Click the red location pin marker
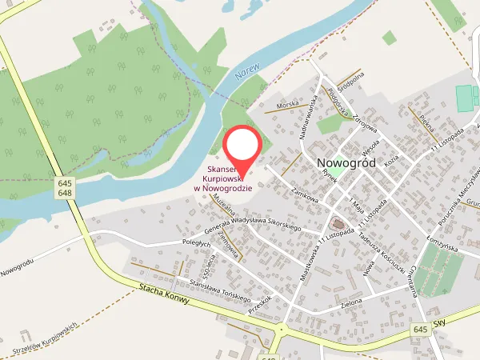tap(242, 148)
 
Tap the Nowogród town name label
tap(352, 162)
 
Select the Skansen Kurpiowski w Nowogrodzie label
tap(224, 178)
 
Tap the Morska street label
tap(286, 104)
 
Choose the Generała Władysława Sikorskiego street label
tap(252, 218)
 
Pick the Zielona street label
tap(350, 302)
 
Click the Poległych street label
tap(195, 241)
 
